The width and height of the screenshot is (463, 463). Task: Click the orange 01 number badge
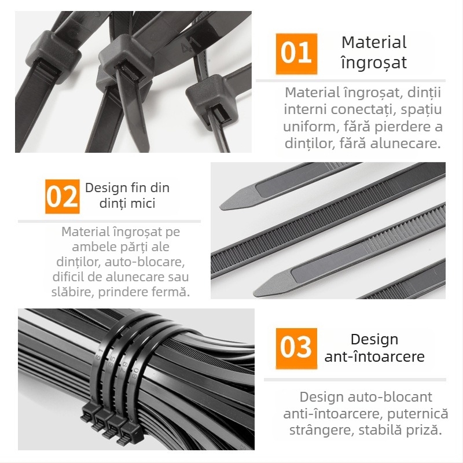point(296,54)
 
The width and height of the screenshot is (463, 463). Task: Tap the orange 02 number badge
point(63,196)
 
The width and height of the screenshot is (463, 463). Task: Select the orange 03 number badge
point(296,348)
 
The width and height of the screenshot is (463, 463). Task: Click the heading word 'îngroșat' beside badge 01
point(374,63)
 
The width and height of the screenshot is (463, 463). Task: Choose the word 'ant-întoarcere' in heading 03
point(374,357)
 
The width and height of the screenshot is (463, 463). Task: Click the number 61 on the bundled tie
point(99,354)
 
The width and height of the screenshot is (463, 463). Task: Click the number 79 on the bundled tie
point(124,367)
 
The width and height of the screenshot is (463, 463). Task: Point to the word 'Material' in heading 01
point(374,42)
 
